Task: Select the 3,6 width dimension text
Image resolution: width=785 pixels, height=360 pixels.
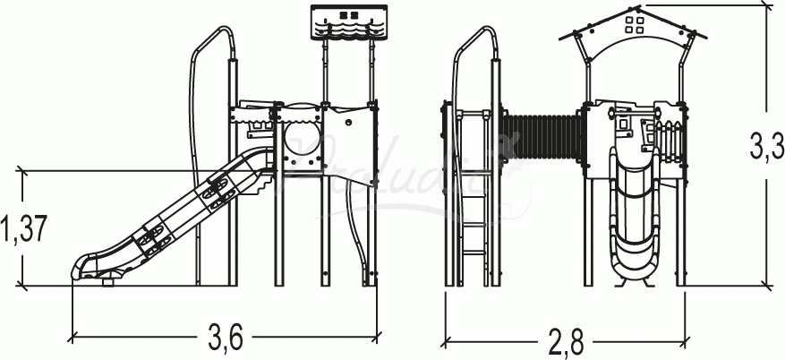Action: pos(226,339)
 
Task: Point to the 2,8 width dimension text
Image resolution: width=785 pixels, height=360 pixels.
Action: pos(566,342)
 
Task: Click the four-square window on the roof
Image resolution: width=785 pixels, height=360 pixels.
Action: pos(636,23)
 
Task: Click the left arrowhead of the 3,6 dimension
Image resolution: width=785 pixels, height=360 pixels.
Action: pos(73,338)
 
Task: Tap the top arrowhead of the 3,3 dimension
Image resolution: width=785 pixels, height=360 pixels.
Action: pos(766,8)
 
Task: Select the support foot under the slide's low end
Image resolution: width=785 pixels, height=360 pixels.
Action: pos(110,284)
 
